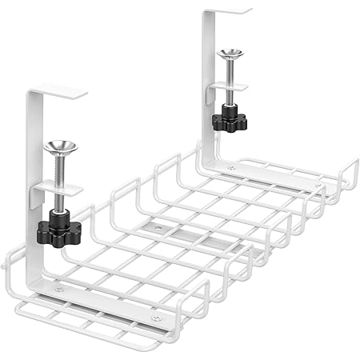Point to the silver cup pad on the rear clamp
click(230, 55)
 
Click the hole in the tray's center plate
click(158, 229)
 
